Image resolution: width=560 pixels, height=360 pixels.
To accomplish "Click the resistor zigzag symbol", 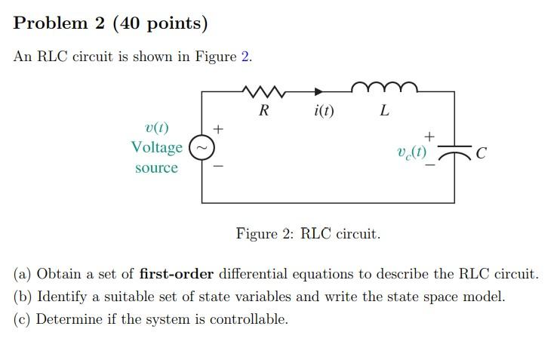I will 264,91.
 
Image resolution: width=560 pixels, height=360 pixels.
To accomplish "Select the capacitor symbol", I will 454,153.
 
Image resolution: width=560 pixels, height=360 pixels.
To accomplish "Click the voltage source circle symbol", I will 201,147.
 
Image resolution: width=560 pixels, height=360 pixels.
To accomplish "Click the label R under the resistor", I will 263,111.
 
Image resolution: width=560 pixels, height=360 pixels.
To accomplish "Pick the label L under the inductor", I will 385,112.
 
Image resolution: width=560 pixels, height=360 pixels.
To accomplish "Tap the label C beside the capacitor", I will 482,155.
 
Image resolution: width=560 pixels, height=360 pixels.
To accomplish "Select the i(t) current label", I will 323,112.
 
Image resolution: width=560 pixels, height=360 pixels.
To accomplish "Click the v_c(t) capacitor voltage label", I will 411,152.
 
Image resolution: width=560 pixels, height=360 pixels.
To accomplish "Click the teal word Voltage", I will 156,147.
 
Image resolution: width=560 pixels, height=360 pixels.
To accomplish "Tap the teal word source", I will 156,168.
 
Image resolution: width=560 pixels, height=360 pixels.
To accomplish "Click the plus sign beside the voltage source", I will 218,129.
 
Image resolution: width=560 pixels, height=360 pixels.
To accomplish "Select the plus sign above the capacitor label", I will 429,137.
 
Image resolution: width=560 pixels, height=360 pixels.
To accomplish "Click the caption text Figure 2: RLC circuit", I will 308,233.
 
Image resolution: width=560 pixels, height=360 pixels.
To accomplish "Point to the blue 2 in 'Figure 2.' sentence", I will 245,57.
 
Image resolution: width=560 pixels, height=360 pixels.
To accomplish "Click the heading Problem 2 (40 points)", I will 110,23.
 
